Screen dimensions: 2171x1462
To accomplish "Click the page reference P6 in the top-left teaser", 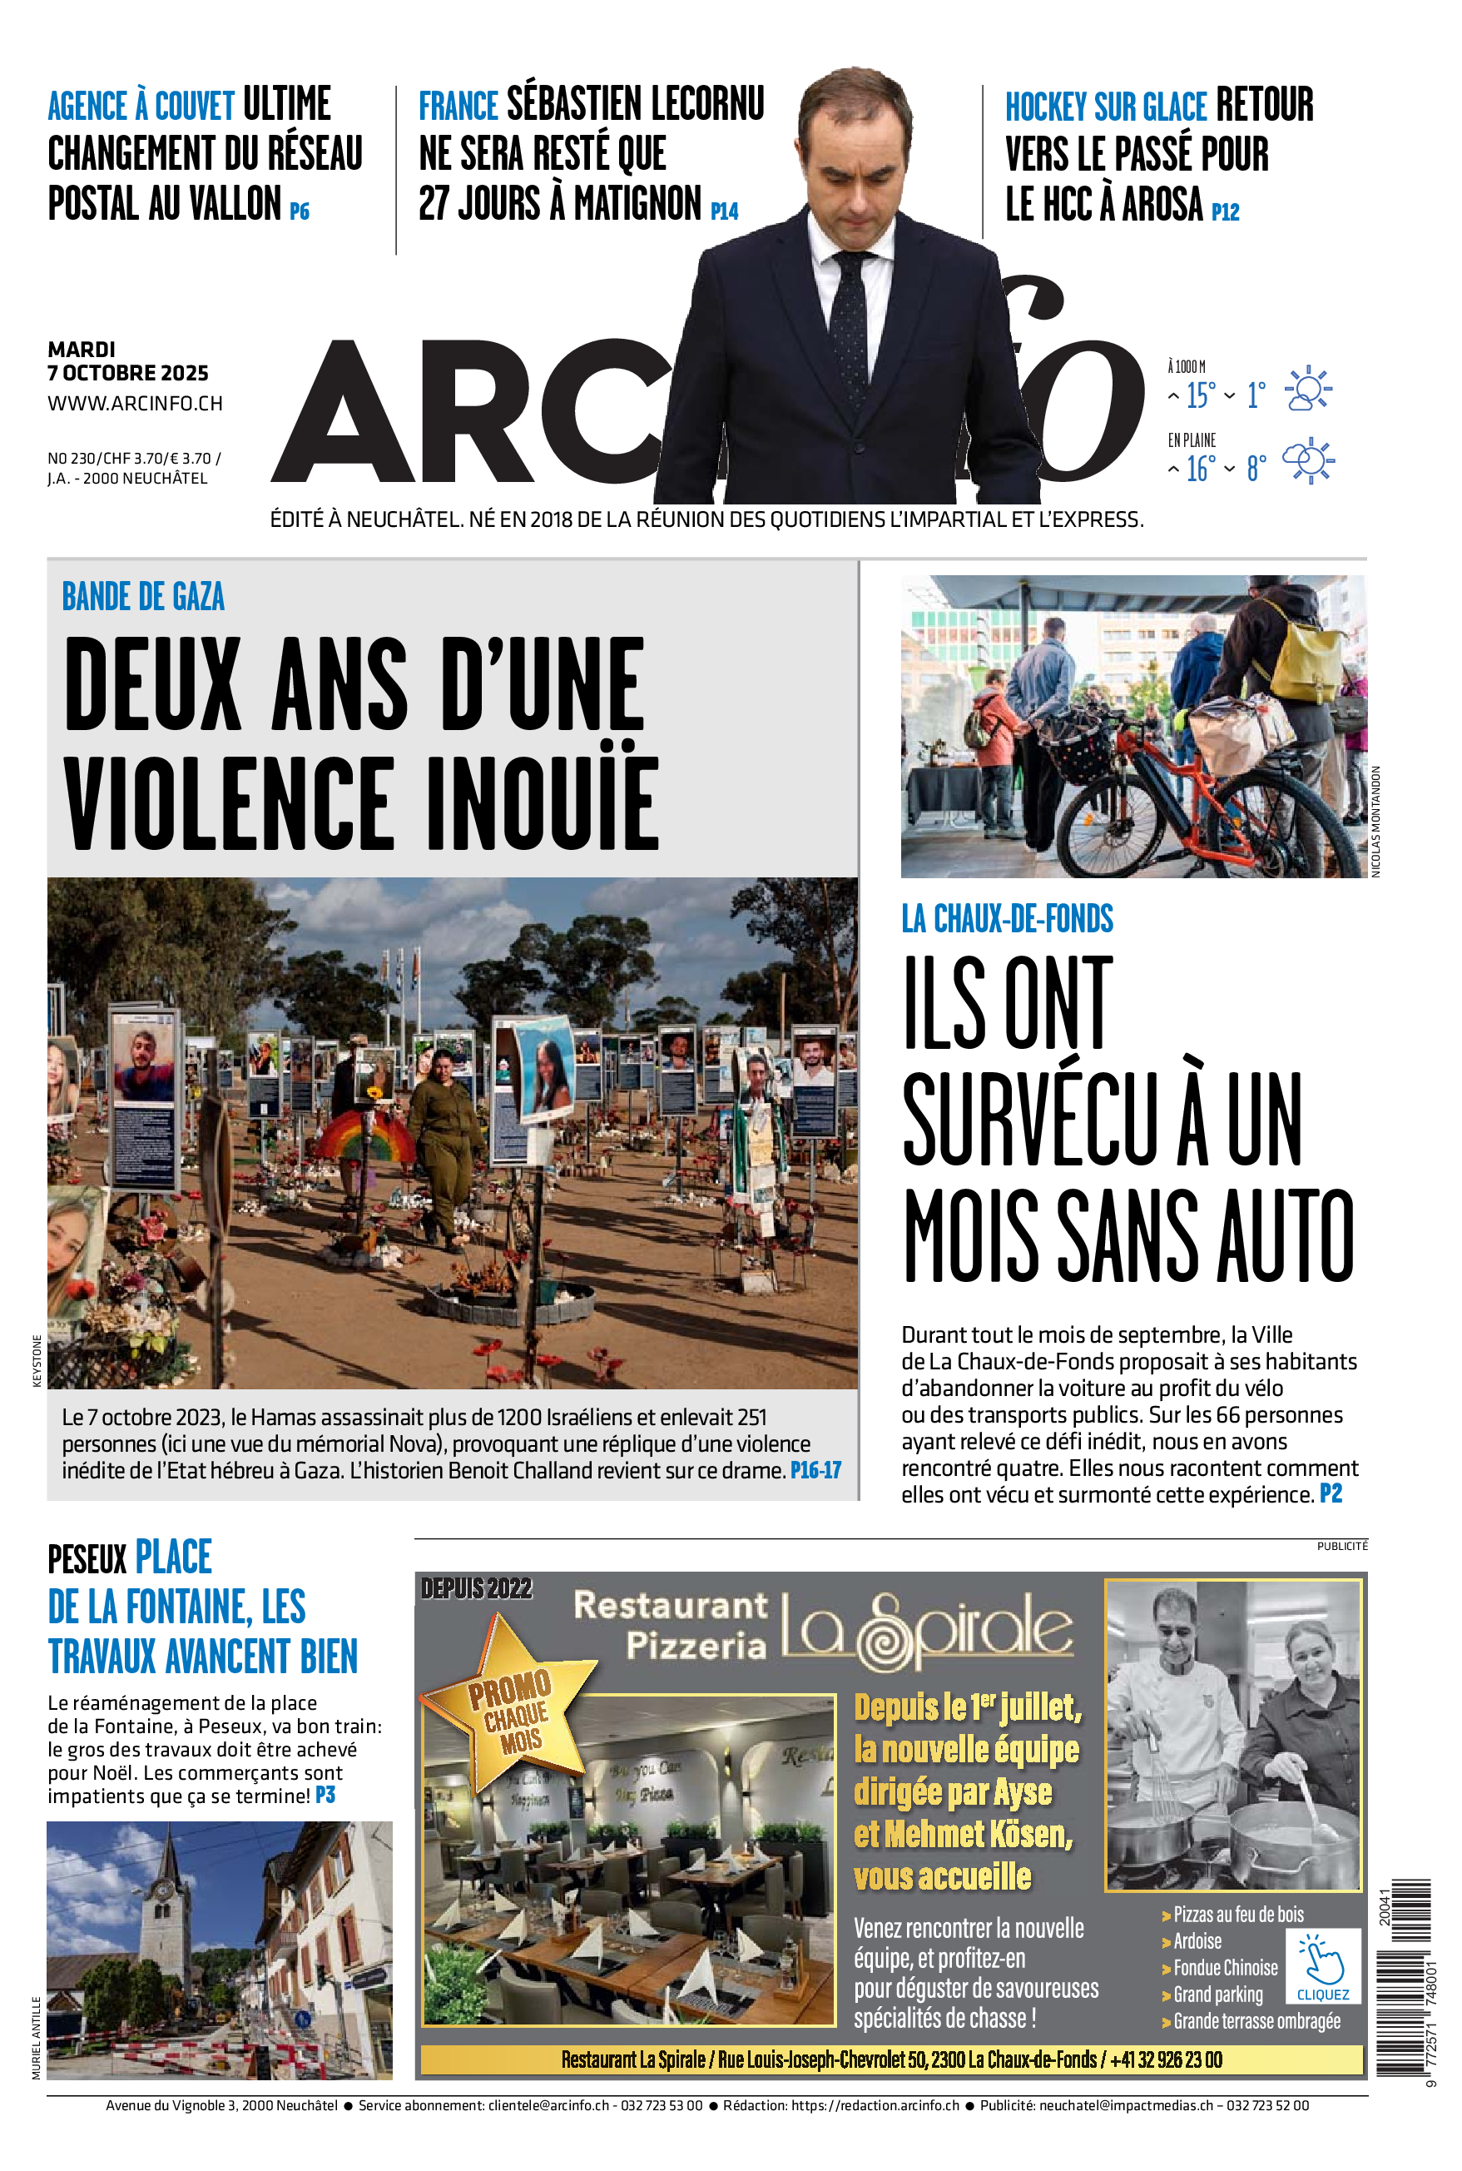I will point(300,211).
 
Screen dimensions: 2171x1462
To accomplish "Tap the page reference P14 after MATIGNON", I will point(724,211).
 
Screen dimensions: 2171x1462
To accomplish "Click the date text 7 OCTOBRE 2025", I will point(128,373).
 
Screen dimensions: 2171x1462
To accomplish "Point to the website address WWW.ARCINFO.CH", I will point(135,404).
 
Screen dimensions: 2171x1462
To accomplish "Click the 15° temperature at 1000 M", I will point(1200,395).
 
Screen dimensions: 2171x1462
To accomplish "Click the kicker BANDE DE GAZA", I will point(142,597).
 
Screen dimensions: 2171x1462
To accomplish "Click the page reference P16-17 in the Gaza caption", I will point(815,1471).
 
